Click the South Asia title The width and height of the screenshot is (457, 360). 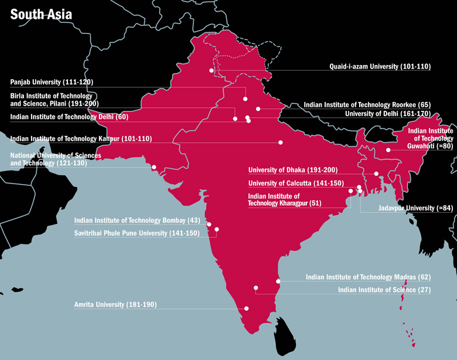(41, 13)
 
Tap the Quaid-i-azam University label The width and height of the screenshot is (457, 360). (380, 67)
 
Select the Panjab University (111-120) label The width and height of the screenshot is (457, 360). (52, 81)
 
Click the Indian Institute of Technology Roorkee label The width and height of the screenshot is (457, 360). (367, 106)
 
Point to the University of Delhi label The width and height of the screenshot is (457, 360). (388, 114)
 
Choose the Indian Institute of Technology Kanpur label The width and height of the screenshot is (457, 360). (81, 139)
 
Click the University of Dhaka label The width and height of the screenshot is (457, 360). (293, 170)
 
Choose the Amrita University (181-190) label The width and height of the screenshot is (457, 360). (115, 305)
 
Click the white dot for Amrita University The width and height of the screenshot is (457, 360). (247, 308)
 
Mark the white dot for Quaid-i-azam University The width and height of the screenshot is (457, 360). (212, 71)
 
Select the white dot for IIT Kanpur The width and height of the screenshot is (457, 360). (281, 142)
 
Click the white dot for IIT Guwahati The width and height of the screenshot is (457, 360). (388, 150)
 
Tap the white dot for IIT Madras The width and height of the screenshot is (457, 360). (278, 281)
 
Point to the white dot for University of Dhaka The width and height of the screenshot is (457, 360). (376, 174)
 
